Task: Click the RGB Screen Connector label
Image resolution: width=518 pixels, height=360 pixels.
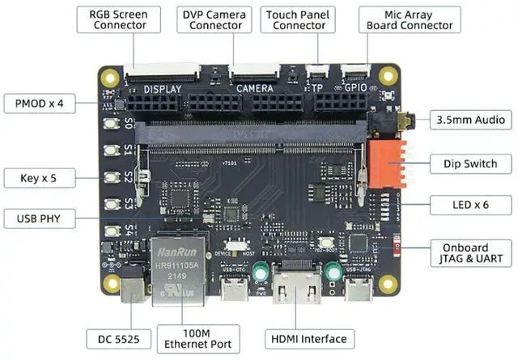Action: [x=120, y=19]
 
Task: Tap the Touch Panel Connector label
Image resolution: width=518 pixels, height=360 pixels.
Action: [x=299, y=19]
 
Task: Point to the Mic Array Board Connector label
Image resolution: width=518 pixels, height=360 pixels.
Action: [x=410, y=19]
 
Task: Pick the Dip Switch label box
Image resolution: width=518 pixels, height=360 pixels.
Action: [x=470, y=163]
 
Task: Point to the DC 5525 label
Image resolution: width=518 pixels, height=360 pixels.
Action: [x=119, y=339]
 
